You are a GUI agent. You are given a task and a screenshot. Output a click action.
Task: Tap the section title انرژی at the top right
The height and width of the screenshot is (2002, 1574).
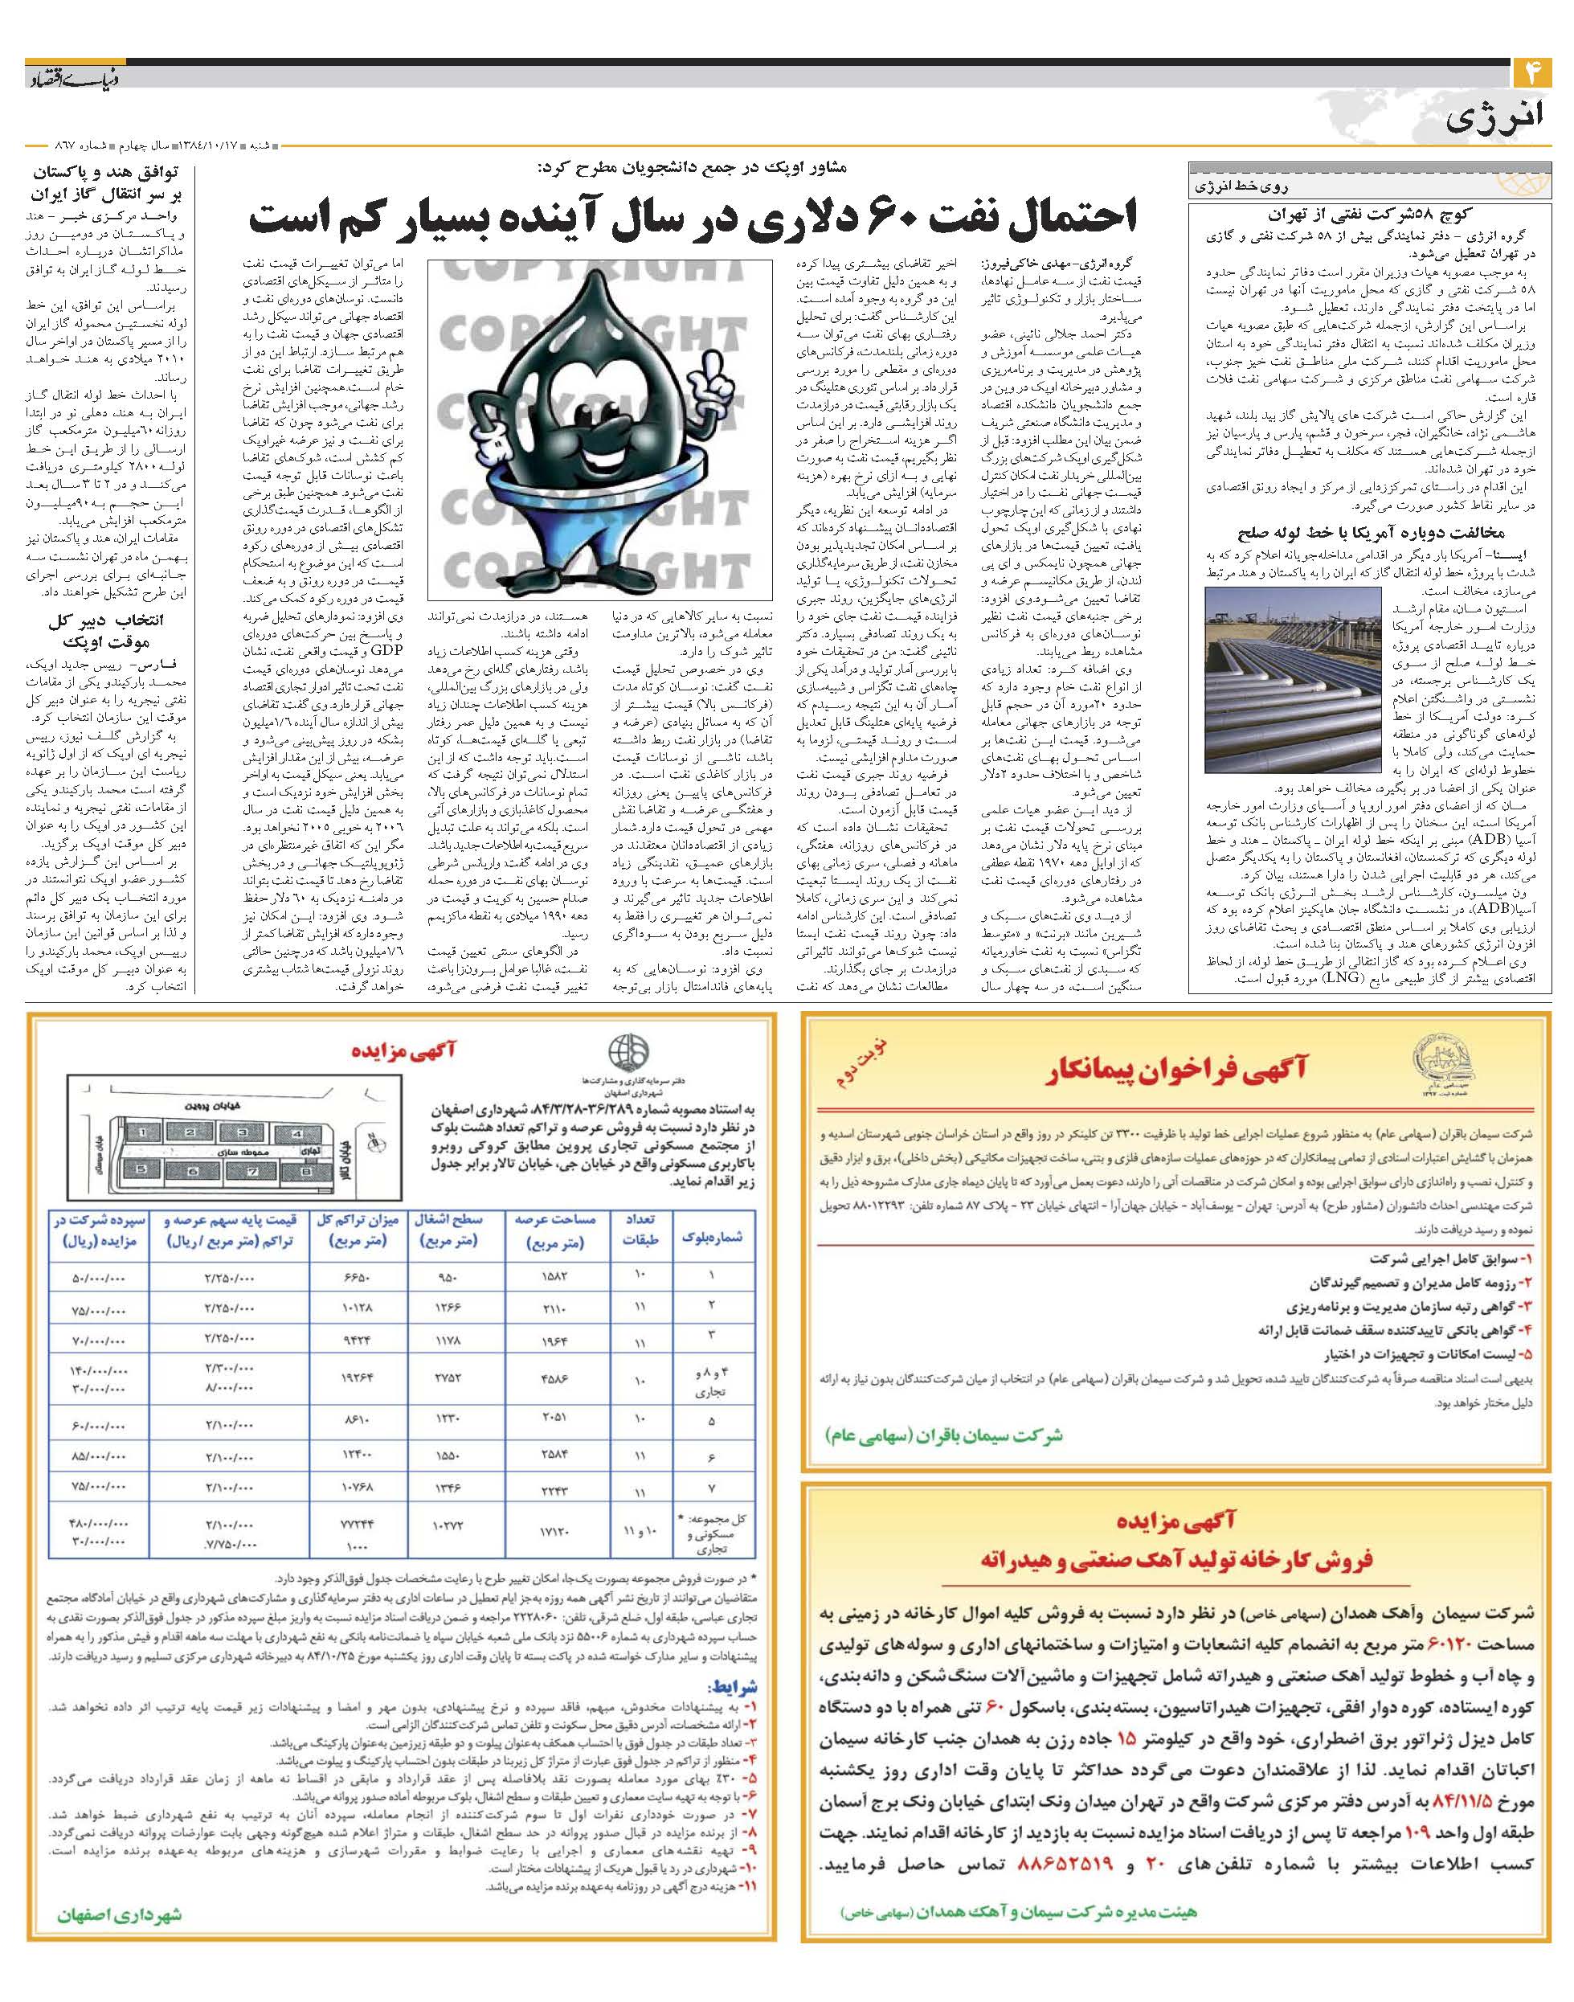(1499, 118)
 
